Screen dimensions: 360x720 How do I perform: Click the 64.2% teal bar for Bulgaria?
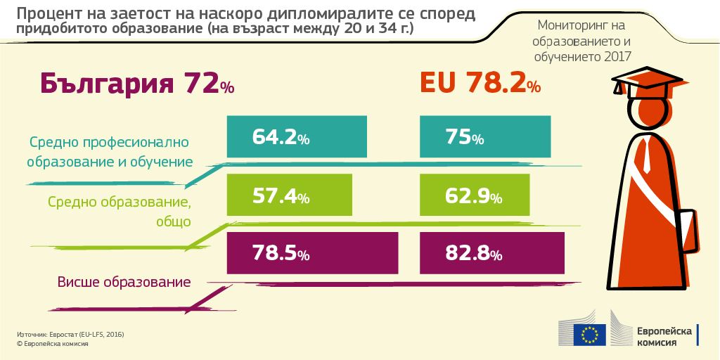point(297,137)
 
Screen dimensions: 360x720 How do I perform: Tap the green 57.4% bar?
point(297,195)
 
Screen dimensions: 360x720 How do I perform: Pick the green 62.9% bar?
point(473,195)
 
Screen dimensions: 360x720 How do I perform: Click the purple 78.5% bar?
point(313,252)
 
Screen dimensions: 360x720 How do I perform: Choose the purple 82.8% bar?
point(492,252)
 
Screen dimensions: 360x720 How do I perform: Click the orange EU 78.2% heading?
point(481,83)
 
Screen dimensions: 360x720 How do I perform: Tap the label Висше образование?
point(124,283)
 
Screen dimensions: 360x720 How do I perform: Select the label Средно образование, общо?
point(120,212)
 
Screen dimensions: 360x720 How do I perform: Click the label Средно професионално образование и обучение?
point(110,152)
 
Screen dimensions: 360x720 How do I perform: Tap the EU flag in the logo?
point(589,334)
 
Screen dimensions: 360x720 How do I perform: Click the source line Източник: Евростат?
point(70,333)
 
